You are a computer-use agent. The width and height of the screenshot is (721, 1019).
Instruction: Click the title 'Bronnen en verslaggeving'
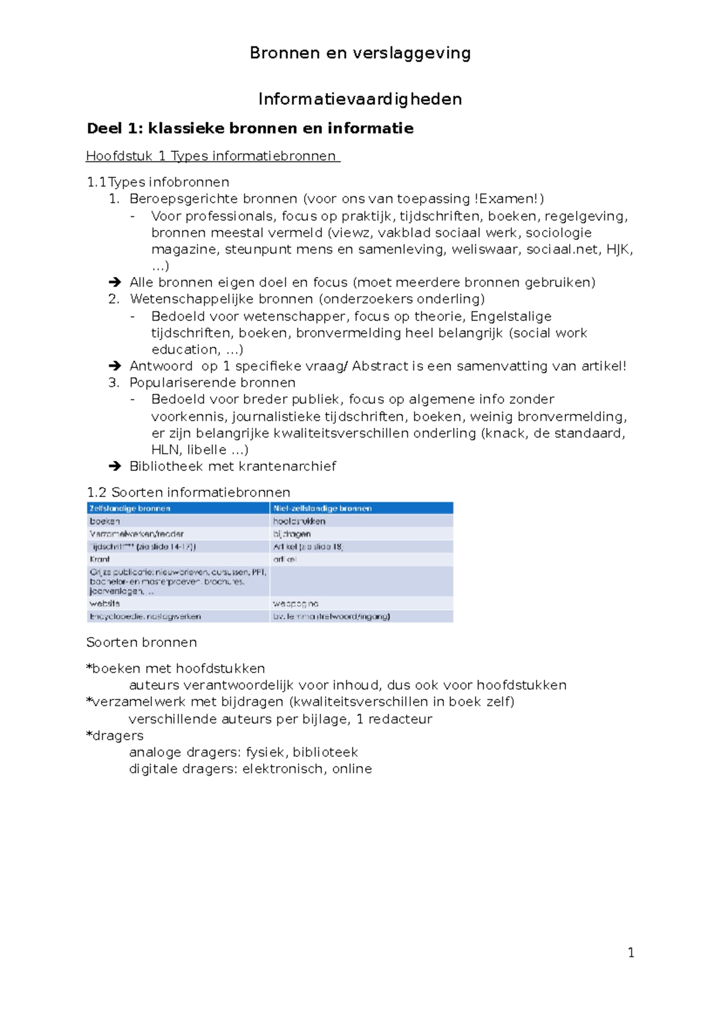click(x=360, y=53)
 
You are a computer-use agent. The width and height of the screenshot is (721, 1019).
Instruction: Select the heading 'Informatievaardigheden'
click(x=360, y=99)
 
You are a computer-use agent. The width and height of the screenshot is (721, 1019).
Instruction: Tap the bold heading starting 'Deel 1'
click(x=250, y=129)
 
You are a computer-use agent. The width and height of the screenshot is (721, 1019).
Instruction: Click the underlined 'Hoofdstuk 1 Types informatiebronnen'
click(x=213, y=156)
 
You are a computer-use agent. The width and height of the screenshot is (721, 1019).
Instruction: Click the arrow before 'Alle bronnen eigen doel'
click(x=114, y=282)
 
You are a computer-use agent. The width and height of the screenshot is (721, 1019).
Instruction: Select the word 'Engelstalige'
click(x=511, y=317)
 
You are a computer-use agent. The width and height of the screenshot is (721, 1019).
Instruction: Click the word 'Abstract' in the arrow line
click(x=380, y=367)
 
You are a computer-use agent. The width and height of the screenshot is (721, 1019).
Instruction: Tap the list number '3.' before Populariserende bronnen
click(x=114, y=383)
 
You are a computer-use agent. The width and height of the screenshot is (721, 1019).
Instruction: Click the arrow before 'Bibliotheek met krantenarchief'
click(x=114, y=466)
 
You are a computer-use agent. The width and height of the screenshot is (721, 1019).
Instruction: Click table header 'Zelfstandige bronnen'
click(x=130, y=508)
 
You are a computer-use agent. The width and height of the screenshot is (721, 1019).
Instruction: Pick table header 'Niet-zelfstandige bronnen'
click(x=322, y=508)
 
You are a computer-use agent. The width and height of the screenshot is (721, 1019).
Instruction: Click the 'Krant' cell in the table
click(x=100, y=559)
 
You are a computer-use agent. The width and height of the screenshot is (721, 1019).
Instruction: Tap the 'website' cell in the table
click(x=105, y=603)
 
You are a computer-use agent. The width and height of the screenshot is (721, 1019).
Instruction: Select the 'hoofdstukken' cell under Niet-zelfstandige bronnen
click(x=299, y=521)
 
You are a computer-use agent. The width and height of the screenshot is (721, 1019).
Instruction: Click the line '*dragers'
click(x=115, y=735)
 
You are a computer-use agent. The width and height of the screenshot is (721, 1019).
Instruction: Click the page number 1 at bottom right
click(x=631, y=952)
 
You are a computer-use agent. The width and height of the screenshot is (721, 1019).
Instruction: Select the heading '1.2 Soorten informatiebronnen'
click(x=188, y=493)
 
